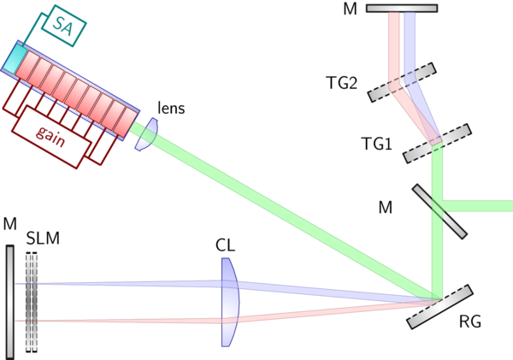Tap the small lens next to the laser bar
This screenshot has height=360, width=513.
point(147,133)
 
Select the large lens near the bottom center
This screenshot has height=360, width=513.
point(229,303)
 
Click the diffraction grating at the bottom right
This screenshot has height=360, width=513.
point(439,306)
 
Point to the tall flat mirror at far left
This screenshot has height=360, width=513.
point(9,299)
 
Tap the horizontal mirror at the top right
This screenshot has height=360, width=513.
point(402,9)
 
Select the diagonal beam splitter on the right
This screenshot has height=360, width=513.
point(439,210)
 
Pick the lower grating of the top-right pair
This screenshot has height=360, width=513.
point(438,142)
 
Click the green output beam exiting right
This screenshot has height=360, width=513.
point(483,205)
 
